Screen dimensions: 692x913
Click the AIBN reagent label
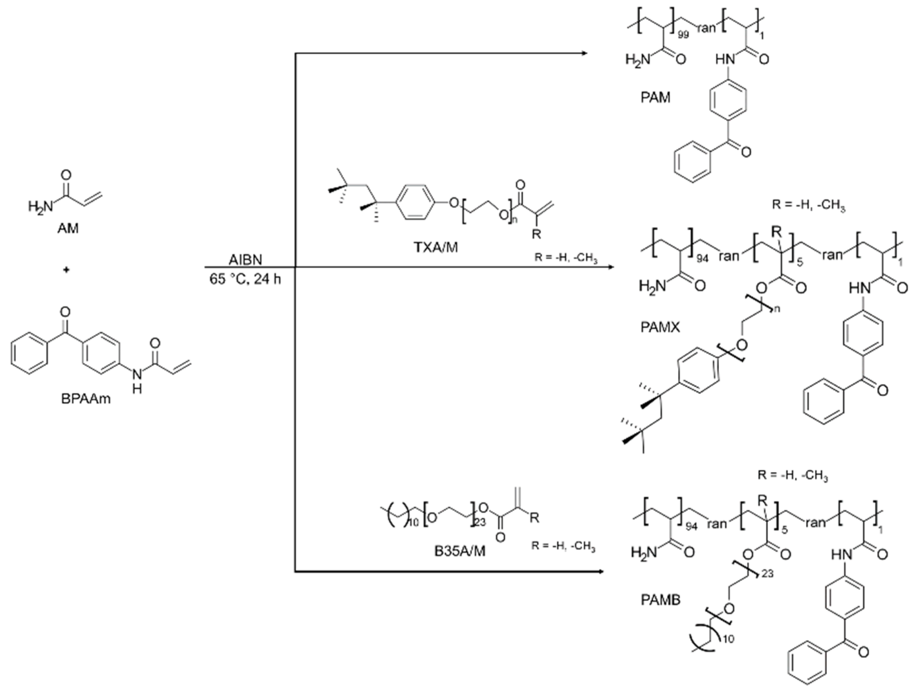click(245, 260)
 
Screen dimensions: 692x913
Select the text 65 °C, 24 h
click(245, 279)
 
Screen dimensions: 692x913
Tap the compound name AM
click(68, 228)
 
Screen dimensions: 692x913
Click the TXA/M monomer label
click(436, 248)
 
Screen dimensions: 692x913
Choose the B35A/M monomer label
click(459, 551)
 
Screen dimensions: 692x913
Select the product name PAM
click(655, 98)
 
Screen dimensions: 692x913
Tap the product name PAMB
click(661, 600)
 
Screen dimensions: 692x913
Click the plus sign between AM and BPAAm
click(66, 270)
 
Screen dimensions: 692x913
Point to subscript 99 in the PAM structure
click(683, 35)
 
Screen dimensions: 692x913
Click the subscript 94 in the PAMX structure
click(702, 259)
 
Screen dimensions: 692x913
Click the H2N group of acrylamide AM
click(40, 205)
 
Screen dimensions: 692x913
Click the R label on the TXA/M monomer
click(536, 234)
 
